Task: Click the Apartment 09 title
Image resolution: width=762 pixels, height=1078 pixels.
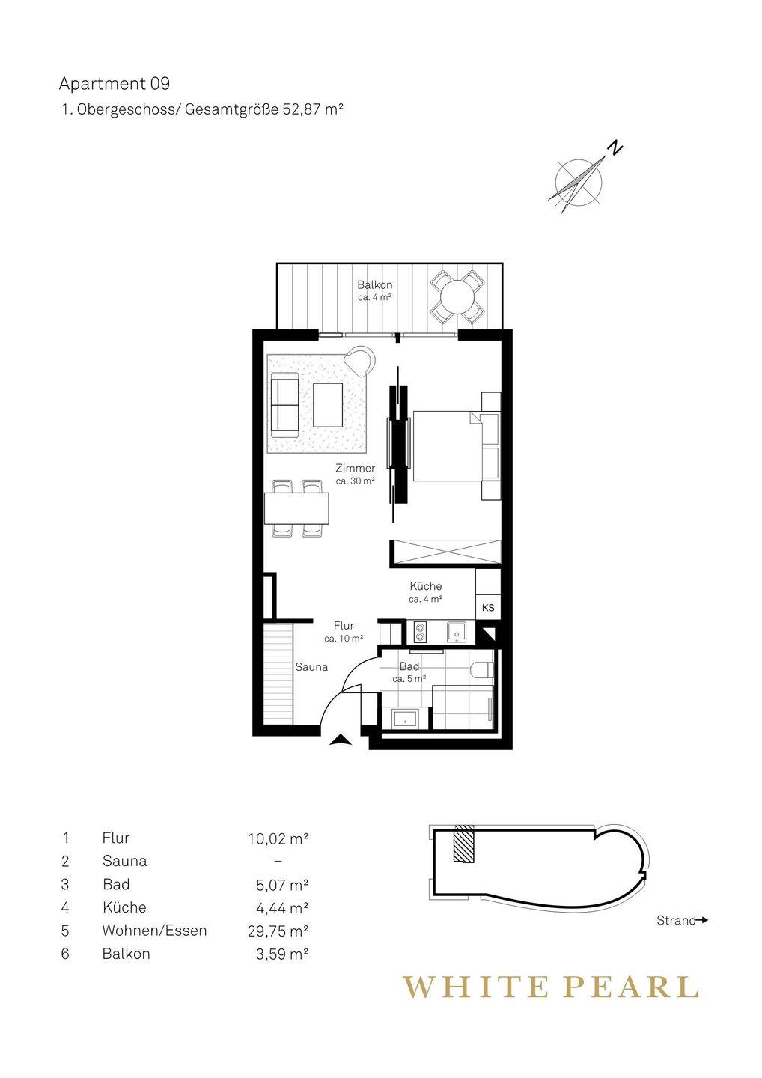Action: tap(114, 84)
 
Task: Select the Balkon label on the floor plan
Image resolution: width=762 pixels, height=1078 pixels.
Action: tap(375, 285)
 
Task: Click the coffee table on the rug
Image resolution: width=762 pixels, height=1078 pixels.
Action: tap(328, 405)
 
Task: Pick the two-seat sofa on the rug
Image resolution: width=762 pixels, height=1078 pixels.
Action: tap(284, 405)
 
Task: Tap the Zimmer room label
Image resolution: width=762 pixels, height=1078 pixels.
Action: tap(356, 468)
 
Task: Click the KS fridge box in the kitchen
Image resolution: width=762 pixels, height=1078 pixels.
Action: tap(488, 607)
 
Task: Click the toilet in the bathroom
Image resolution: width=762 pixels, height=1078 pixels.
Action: tap(481, 670)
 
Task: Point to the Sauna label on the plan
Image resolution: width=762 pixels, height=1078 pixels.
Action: tap(311, 667)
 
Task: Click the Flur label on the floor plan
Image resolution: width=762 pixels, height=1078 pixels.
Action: tap(344, 626)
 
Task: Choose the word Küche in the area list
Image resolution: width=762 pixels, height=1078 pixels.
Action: tap(124, 907)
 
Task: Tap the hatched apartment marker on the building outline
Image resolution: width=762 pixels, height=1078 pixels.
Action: tap(464, 844)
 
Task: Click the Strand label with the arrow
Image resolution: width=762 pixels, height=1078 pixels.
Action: tap(682, 920)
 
